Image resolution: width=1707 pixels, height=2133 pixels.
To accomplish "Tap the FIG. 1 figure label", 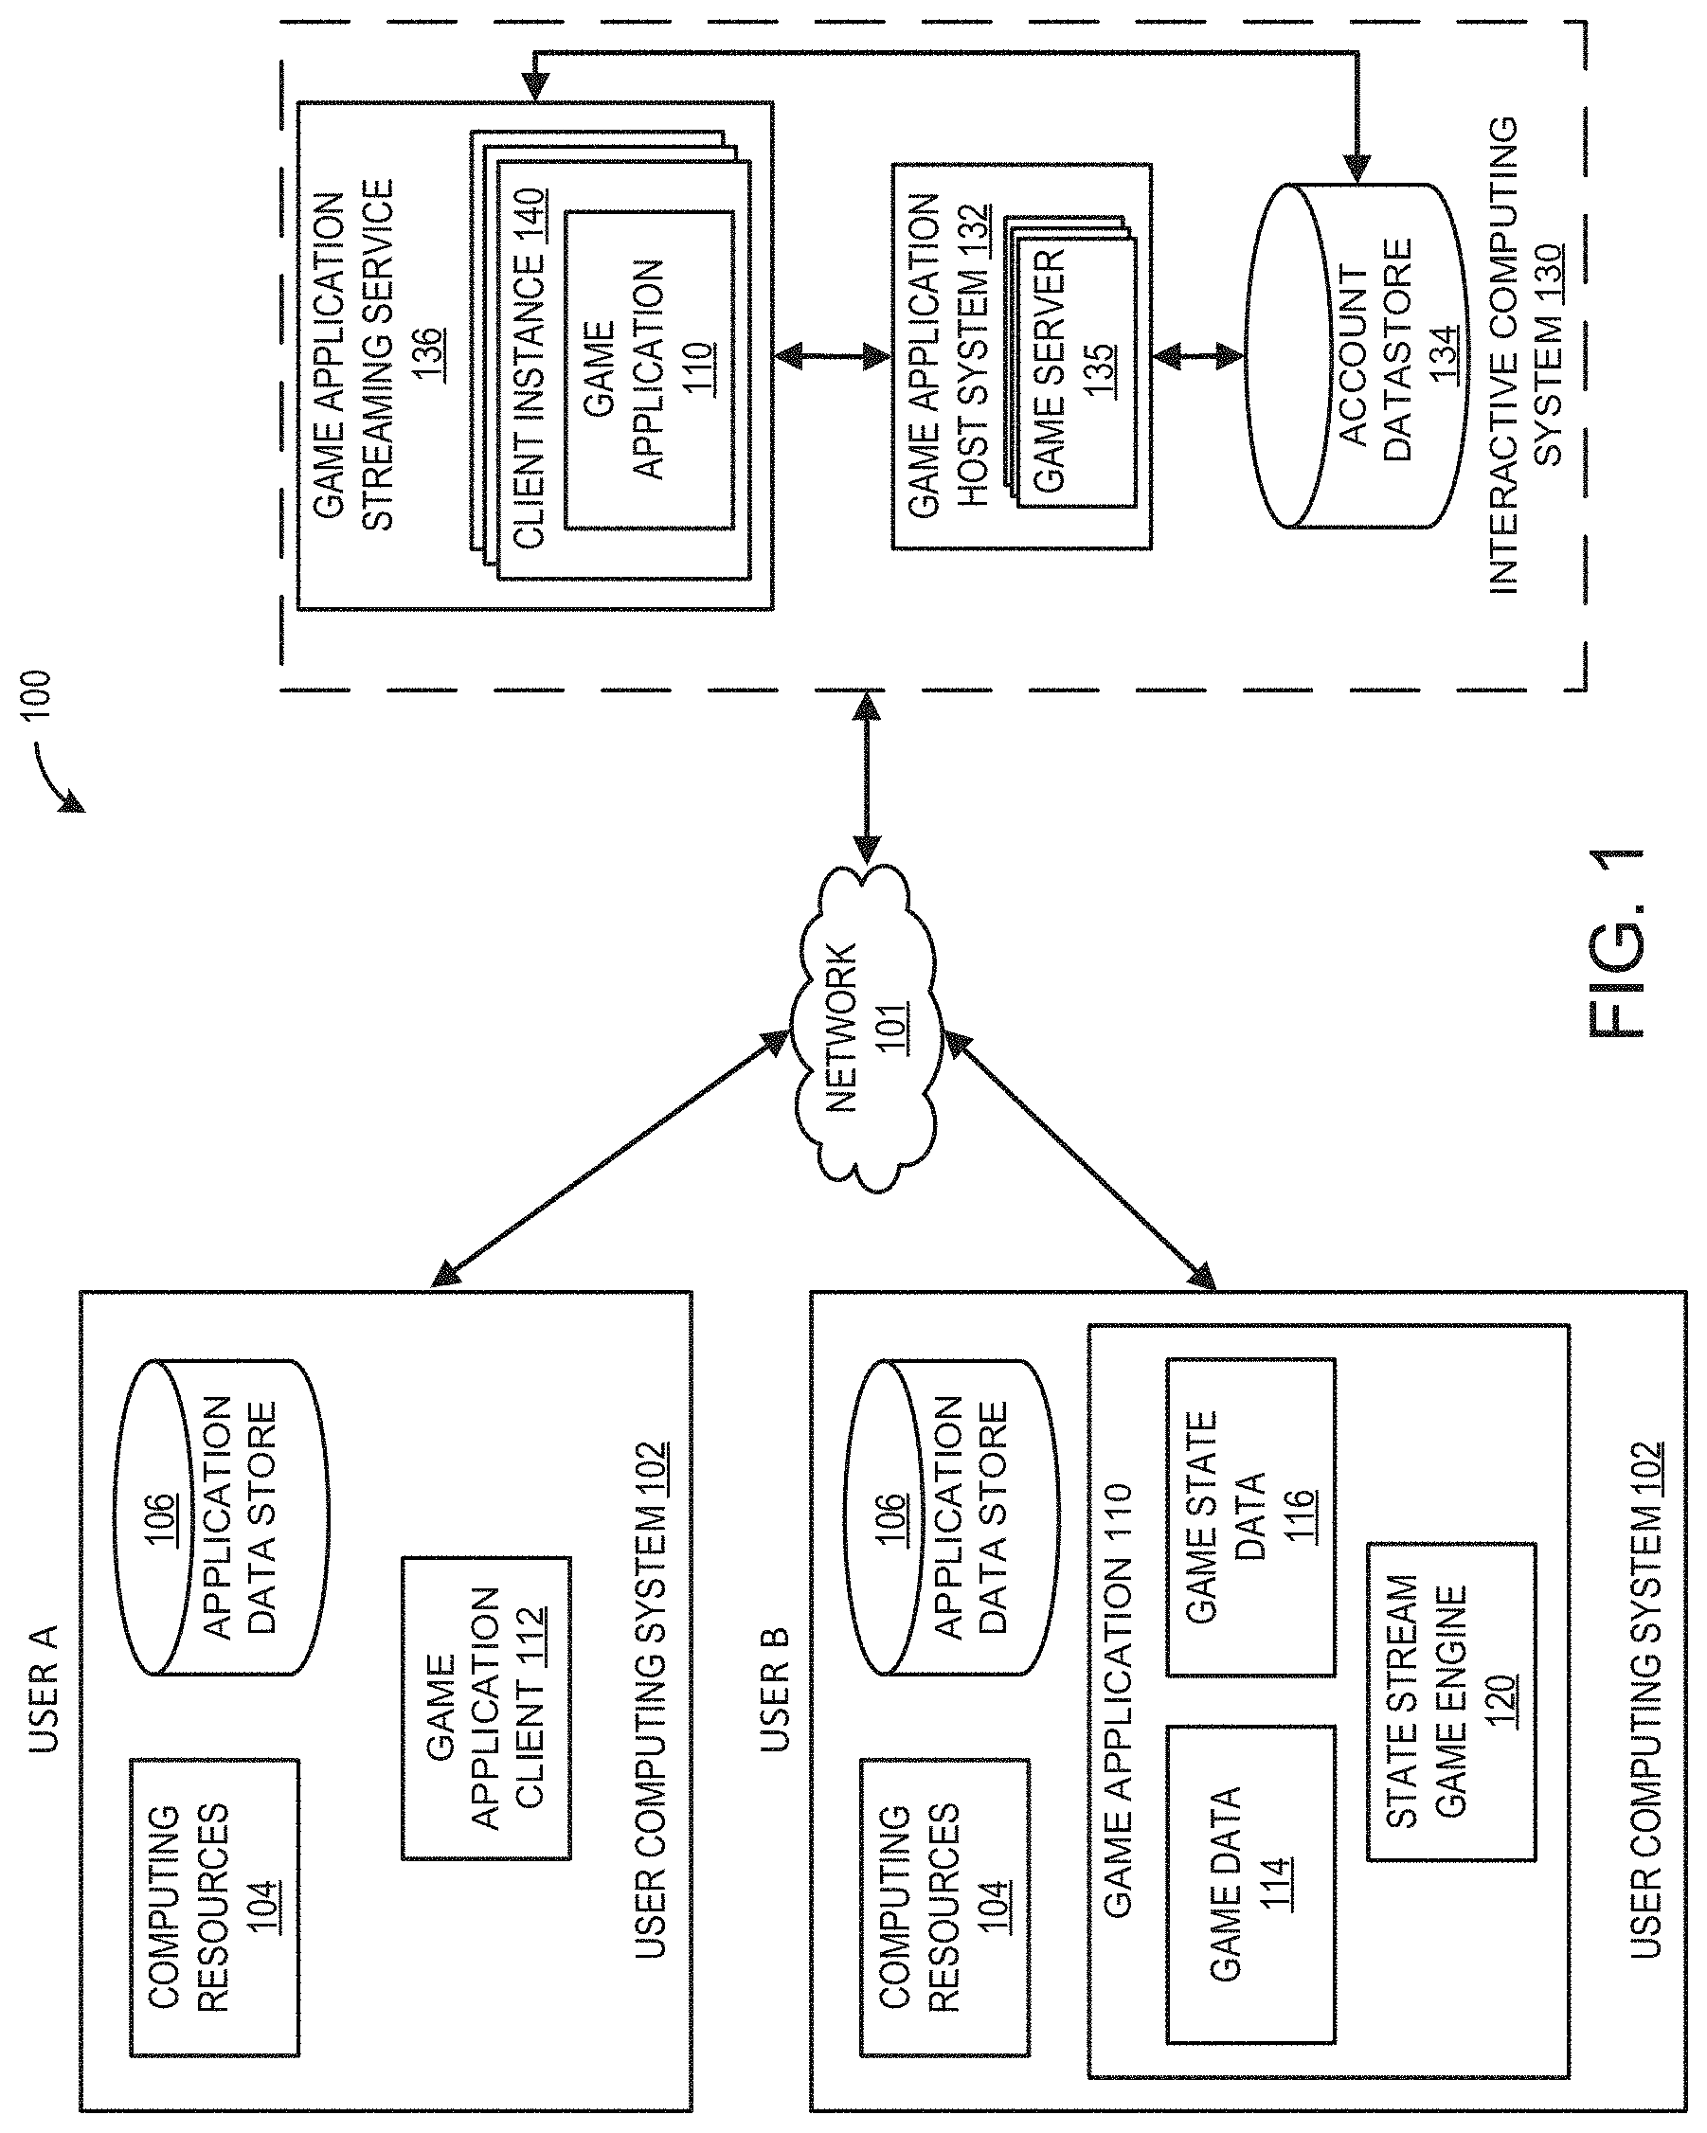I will pos(1617,945).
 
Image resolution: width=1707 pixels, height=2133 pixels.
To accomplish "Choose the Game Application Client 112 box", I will pos(486,1708).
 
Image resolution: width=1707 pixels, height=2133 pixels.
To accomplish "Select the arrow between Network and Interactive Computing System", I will pos(868,778).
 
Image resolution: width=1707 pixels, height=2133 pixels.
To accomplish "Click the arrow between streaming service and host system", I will pos(833,356).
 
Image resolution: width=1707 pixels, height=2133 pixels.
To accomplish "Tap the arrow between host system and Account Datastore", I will pos(1197,356).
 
